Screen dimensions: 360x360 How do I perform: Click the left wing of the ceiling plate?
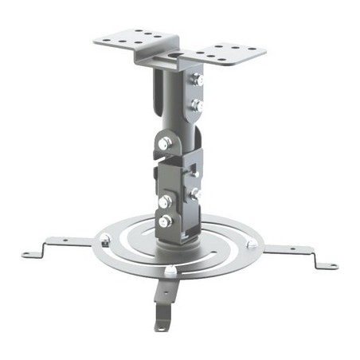coord(131,39)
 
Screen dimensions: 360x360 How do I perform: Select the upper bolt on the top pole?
coord(198,79)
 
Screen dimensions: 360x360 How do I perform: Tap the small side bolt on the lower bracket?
coord(194,194)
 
